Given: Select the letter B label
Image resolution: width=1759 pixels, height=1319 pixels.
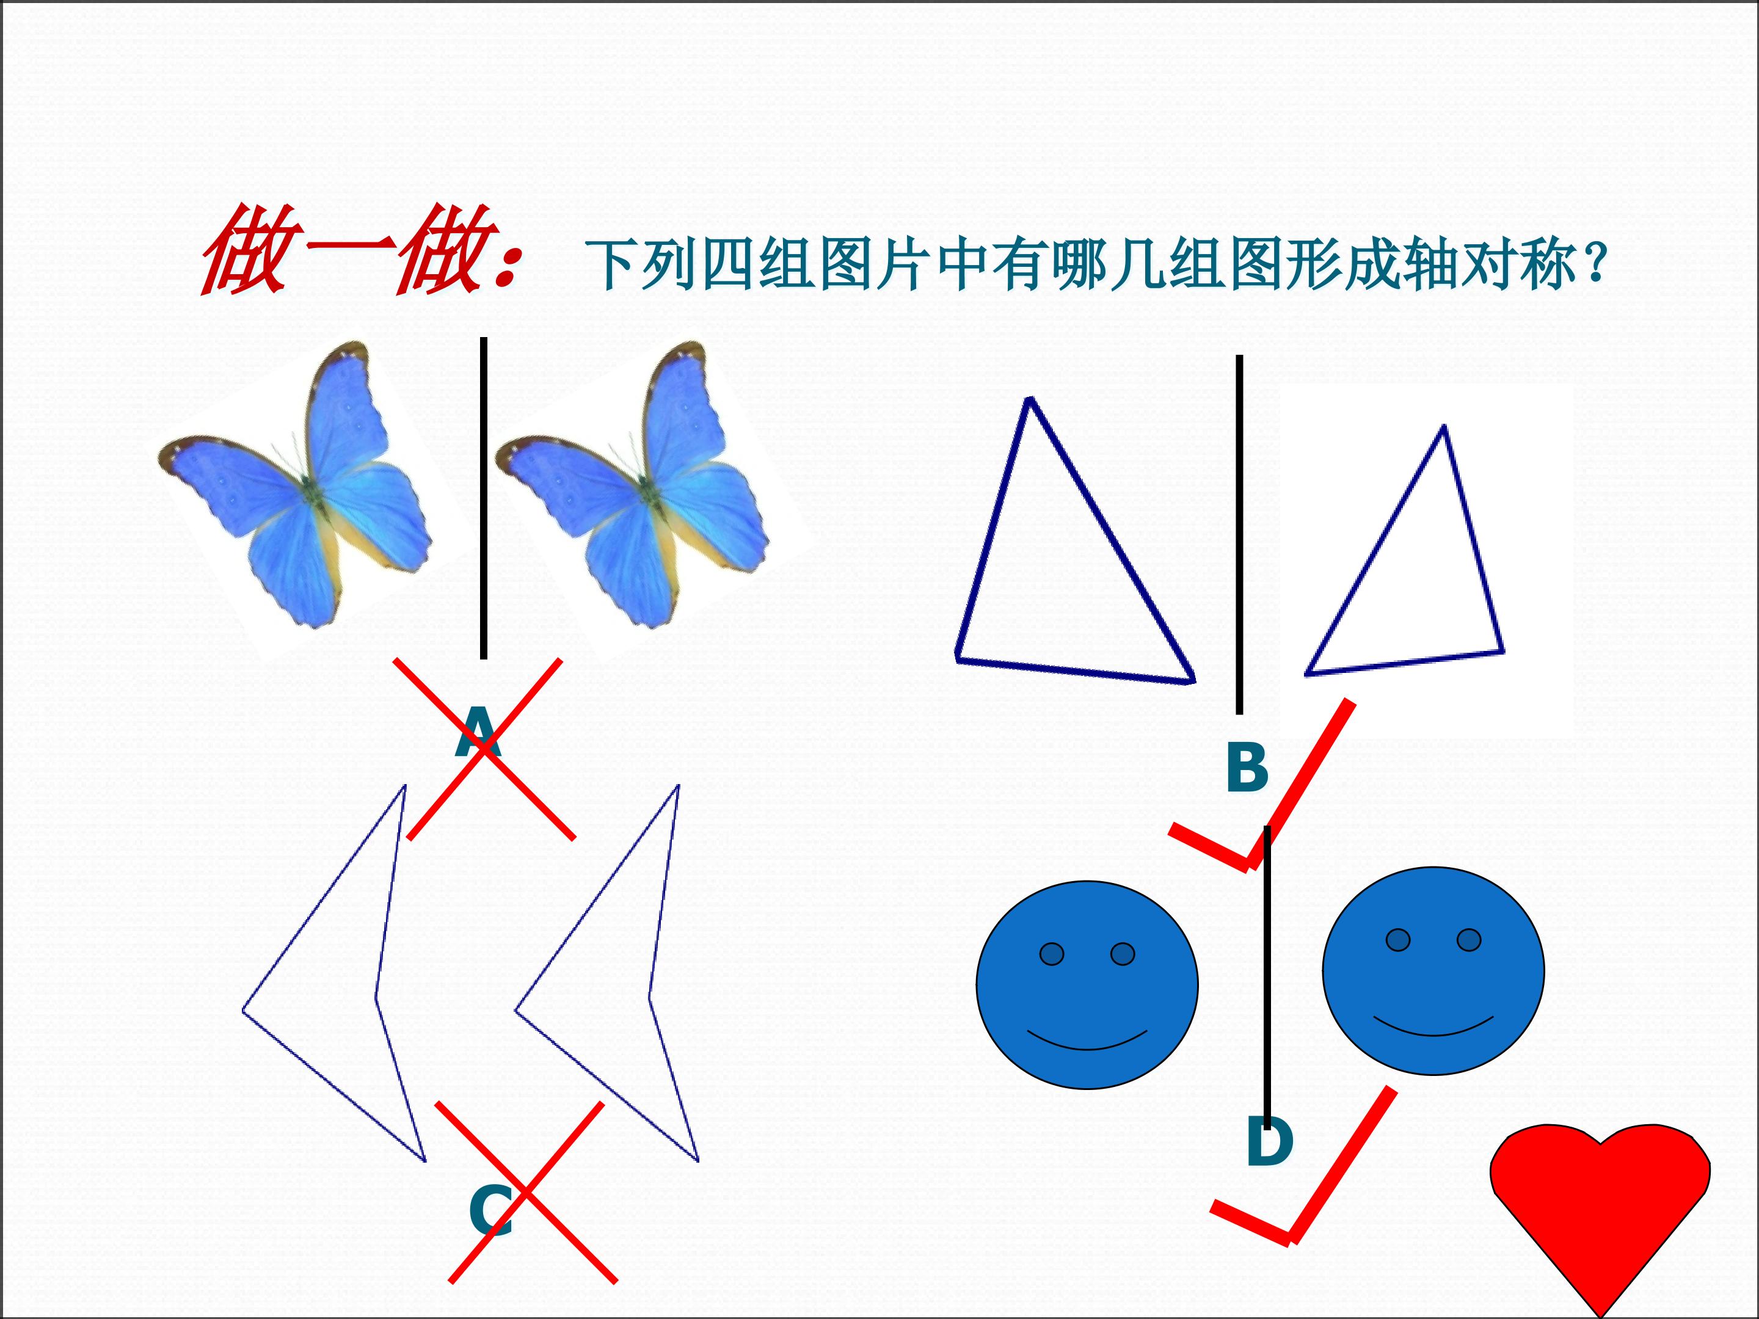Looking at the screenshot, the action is point(1247,766).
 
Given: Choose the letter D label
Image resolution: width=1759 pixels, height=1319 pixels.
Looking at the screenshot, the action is point(1270,1141).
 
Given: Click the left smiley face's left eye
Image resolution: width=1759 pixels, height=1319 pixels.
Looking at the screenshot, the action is point(1051,953).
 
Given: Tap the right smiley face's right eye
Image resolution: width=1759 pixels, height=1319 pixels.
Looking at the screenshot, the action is point(1469,940).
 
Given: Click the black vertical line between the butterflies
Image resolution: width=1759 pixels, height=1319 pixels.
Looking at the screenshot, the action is point(484,498).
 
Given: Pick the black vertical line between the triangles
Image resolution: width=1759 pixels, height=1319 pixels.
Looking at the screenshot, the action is point(1239,534).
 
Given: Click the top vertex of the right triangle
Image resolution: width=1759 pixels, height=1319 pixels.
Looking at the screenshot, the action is point(1444,427).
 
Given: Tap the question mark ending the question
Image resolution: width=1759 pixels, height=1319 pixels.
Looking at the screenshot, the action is point(1594,264).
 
